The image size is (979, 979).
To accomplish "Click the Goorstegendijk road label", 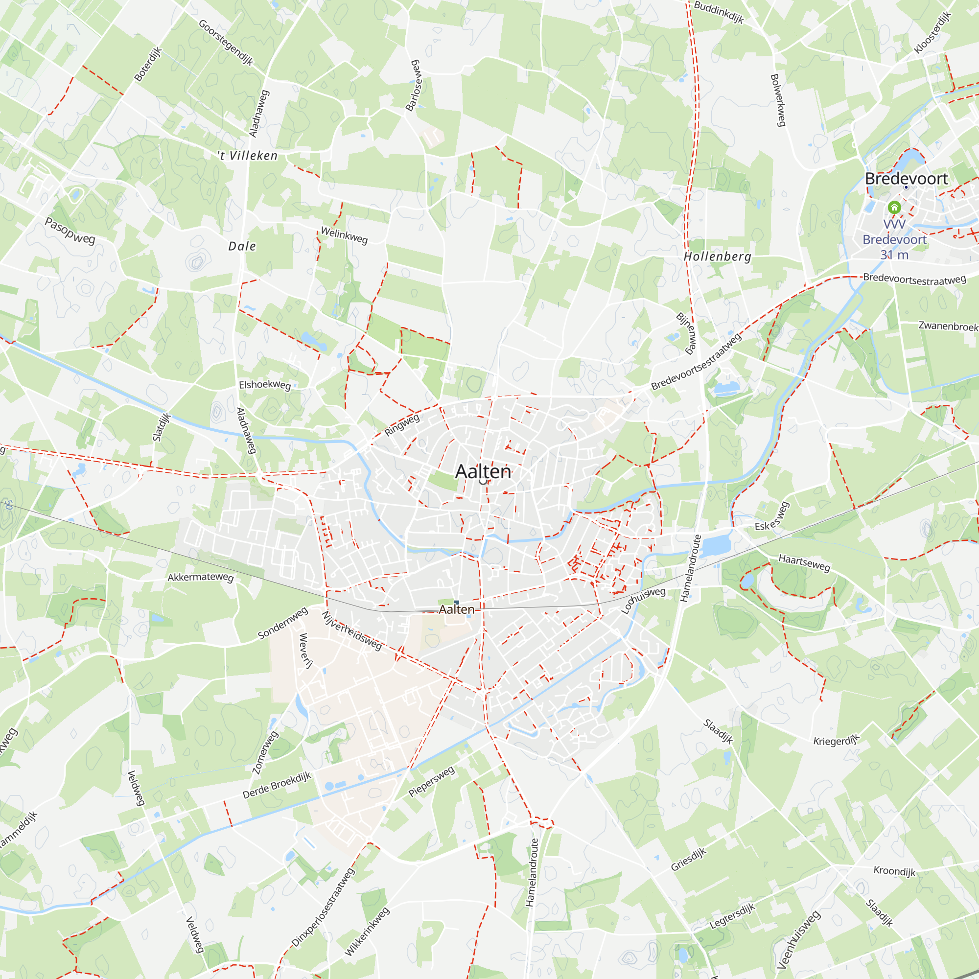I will [226, 43].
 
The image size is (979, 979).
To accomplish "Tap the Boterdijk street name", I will [147, 64].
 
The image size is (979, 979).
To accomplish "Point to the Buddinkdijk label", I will [719, 12].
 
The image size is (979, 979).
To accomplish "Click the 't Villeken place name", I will [248, 156].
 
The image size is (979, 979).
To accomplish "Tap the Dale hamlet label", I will [242, 246].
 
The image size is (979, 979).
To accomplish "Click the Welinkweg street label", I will [344, 235].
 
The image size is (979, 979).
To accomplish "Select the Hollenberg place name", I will [717, 256].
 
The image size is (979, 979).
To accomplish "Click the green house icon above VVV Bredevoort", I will [894, 207].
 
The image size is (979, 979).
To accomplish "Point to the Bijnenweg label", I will [687, 333].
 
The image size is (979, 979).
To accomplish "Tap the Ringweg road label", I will [402, 424].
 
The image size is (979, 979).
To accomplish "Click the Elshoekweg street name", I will [265, 385].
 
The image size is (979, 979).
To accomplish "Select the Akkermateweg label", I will [201, 577].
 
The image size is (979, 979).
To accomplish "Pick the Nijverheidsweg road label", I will [351, 630].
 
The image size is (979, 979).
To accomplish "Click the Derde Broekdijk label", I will [277, 786].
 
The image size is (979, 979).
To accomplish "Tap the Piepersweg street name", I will [432, 781].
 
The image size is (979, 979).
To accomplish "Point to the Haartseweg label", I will [804, 562].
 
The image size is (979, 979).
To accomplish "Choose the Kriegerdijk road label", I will [837, 740].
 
